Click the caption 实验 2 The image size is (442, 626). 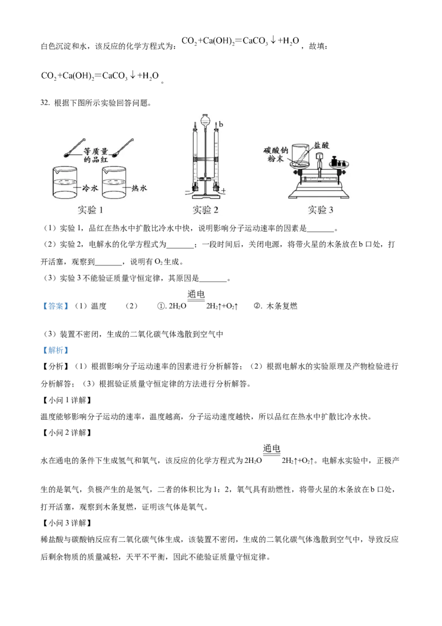206,210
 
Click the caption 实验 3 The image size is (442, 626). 320,210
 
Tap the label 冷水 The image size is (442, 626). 90,188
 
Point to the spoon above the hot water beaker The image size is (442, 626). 125,147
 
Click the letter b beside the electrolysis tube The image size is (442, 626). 220,123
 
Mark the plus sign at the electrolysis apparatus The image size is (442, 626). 224,191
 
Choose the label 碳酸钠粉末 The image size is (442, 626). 276,155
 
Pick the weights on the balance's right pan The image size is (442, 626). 340,161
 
